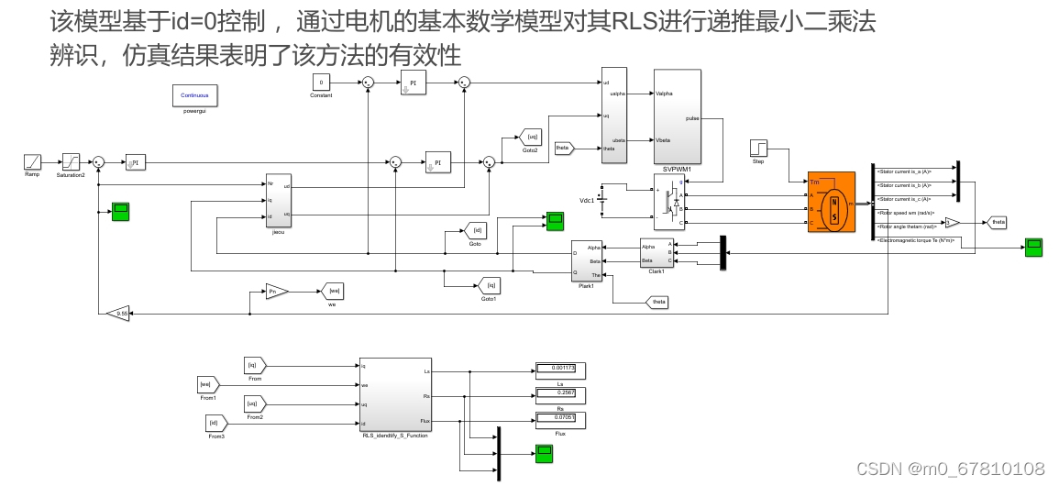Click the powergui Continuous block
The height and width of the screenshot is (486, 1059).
pos(194,95)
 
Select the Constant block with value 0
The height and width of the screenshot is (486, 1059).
pos(321,83)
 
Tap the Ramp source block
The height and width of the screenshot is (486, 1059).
pos(33,161)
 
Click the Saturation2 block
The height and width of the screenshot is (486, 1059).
pos(71,161)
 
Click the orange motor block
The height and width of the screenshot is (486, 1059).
pos(831,202)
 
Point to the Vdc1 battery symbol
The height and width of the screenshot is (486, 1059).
pos(602,200)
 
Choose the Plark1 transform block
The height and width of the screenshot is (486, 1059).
pos(586,264)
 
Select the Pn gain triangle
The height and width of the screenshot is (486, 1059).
pos(276,292)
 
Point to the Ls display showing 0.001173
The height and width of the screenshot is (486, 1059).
pos(559,370)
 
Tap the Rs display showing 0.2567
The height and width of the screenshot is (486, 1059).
pos(559,395)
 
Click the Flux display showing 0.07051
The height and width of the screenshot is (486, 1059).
pos(559,420)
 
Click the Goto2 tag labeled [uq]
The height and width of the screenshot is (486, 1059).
pos(531,138)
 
